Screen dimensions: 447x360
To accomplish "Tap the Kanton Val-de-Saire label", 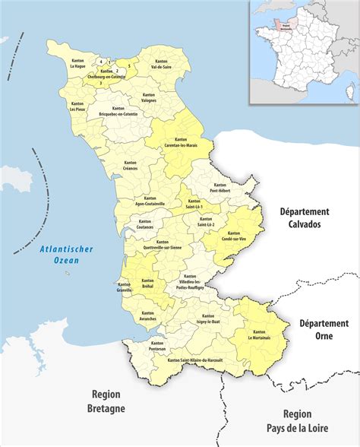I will click(x=160, y=65).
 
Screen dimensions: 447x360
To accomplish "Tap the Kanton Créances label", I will click(x=130, y=166).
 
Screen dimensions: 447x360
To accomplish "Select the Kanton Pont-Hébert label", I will click(x=220, y=187).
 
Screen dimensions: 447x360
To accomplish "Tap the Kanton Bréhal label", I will click(x=147, y=283).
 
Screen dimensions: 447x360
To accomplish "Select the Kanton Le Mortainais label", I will click(x=259, y=335).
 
